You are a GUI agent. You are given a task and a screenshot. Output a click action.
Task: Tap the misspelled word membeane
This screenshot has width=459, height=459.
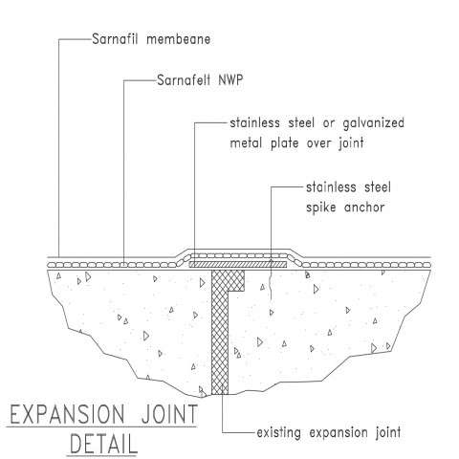pyautogui.click(x=179, y=39)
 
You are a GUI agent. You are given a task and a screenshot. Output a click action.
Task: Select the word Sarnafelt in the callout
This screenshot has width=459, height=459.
pyautogui.click(x=184, y=79)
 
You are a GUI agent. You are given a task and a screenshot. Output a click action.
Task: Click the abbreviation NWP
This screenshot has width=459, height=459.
pyautogui.click(x=230, y=79)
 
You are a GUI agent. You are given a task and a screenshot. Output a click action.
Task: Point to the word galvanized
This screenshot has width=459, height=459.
pyautogui.click(x=373, y=123)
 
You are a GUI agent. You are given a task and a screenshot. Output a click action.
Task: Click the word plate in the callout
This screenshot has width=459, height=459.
pyautogui.click(x=285, y=143)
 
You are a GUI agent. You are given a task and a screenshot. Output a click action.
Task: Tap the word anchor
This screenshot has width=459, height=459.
pyautogui.click(x=364, y=208)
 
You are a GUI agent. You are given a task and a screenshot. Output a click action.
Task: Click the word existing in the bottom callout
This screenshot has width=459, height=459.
pyautogui.click(x=278, y=433)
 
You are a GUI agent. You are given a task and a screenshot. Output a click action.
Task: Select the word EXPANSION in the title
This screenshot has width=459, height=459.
pyautogui.click(x=67, y=414)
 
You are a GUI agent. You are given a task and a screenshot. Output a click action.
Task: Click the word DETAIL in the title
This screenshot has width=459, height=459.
pyautogui.click(x=103, y=444)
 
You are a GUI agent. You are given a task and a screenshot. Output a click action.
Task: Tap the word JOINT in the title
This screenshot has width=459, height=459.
pyautogui.click(x=169, y=414)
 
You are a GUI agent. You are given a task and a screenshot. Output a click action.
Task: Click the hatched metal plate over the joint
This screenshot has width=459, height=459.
pyautogui.click(x=238, y=264)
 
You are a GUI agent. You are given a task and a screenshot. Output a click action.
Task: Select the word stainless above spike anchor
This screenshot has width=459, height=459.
pyautogui.click(x=331, y=187)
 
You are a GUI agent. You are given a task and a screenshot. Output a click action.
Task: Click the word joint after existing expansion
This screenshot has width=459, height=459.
pyautogui.click(x=388, y=433)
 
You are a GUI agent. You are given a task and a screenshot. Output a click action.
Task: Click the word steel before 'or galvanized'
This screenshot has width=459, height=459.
pyautogui.click(x=301, y=123)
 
